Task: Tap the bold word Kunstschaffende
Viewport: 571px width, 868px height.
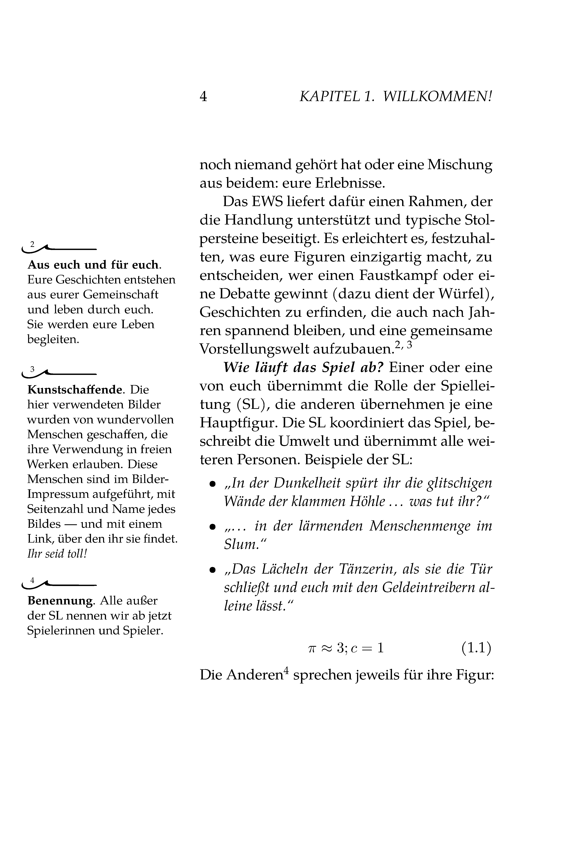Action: click(74, 390)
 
